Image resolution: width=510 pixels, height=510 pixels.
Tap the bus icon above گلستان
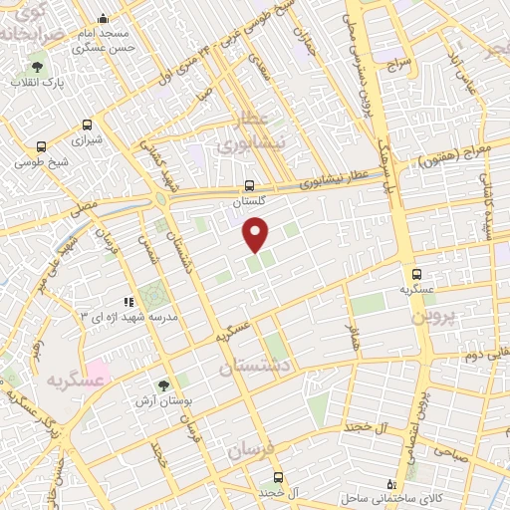tap(250, 185)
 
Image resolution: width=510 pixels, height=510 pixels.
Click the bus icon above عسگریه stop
tap(416, 274)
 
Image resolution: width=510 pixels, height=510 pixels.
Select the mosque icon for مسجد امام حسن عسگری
tap(104, 19)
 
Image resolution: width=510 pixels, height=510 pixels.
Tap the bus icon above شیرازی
tap(87, 126)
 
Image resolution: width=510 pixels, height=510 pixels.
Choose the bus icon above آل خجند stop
tap(278, 477)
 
